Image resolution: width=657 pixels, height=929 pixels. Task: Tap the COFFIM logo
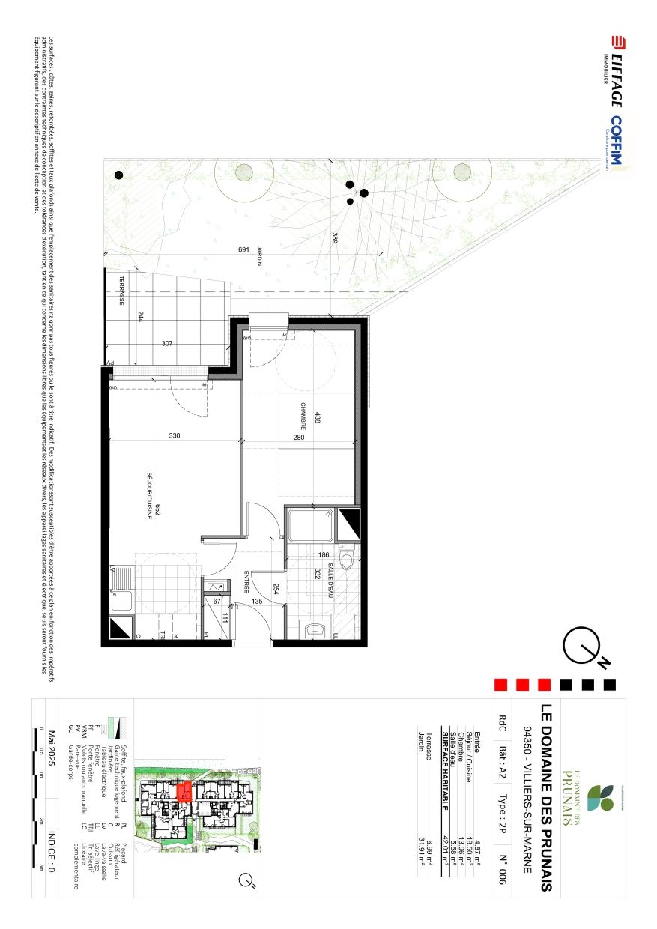point(617,143)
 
